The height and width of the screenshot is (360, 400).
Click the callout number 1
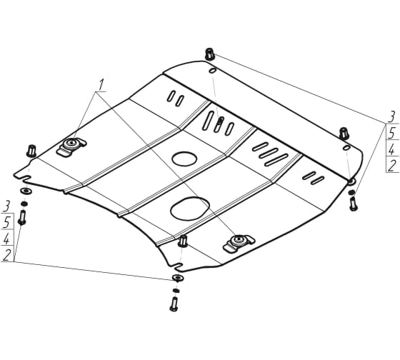click(x=101, y=85)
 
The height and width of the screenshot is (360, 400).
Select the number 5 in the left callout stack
click(x=7, y=222)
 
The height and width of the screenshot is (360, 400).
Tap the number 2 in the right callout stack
click(x=392, y=166)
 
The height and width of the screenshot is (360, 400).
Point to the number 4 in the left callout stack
click(x=6, y=239)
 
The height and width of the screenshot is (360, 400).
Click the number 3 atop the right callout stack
click(x=391, y=116)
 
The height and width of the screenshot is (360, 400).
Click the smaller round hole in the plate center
click(x=184, y=159)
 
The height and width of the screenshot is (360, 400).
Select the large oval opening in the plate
click(x=190, y=208)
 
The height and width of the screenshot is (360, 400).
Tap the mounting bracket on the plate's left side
click(x=71, y=146)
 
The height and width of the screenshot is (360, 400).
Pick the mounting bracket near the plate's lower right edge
click(x=239, y=243)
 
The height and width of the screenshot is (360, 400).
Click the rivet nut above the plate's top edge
click(x=209, y=54)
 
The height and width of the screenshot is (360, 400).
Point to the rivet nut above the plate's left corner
click(x=31, y=151)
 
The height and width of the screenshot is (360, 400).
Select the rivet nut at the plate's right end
click(x=344, y=134)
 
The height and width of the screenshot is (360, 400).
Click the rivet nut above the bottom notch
click(x=183, y=241)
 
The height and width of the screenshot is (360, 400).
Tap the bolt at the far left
click(x=22, y=217)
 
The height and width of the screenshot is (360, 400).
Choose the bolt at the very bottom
click(x=174, y=304)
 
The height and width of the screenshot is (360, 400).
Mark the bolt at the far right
click(x=354, y=204)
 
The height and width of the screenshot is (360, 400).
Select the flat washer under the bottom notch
click(x=178, y=278)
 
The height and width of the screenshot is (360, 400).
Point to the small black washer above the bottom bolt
click(x=176, y=291)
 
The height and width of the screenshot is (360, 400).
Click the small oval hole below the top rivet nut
click(x=213, y=71)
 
